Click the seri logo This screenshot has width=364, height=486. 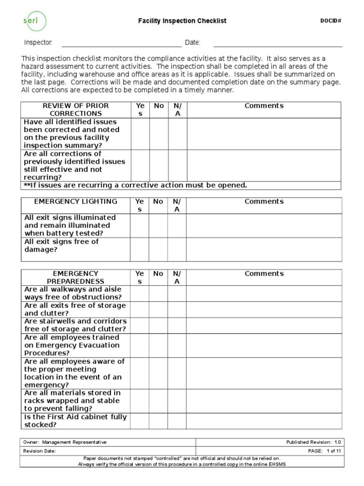tap(35, 21)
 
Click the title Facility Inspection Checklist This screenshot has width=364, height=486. tap(182, 21)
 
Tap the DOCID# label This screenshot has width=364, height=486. tap(331, 20)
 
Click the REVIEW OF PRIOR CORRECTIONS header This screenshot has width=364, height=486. tap(76, 110)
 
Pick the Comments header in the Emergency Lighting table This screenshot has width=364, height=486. tap(264, 202)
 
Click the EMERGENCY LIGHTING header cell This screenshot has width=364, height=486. tap(76, 202)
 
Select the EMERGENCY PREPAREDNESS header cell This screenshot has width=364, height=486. tap(76, 278)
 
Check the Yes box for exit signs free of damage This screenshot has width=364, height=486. tap(139, 249)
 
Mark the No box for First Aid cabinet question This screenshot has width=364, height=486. tap(158, 421)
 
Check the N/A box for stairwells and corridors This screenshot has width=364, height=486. tap(177, 325)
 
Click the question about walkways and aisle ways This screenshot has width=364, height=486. tap(73, 293)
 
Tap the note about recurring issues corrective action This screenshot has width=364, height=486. tap(136, 185)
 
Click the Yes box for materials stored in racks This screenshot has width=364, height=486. tap(139, 401)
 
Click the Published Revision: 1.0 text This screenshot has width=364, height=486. tap(313, 442)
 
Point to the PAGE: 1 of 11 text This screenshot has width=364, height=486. tap(324, 451)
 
